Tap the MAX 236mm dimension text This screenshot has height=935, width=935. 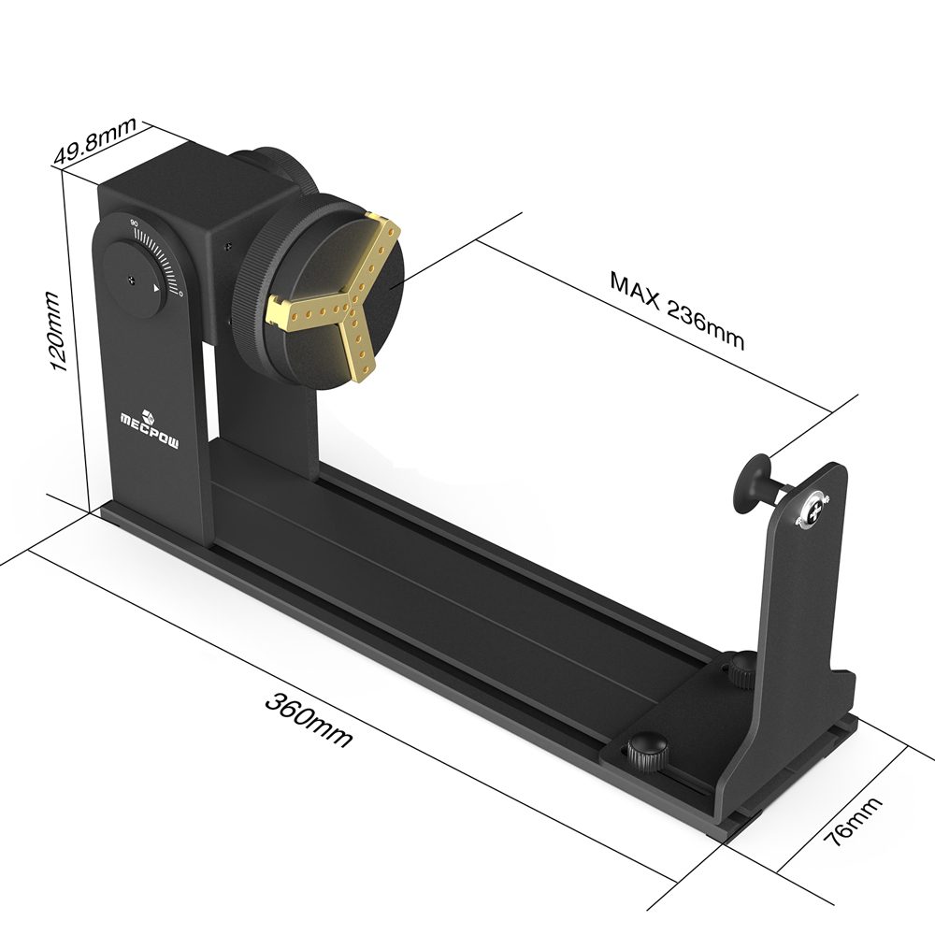(x=676, y=308)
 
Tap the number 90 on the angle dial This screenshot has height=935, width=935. (x=135, y=223)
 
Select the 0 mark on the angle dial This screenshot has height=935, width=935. (x=181, y=294)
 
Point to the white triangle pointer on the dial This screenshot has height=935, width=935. (x=156, y=291)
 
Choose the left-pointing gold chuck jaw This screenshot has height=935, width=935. (x=304, y=309)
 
